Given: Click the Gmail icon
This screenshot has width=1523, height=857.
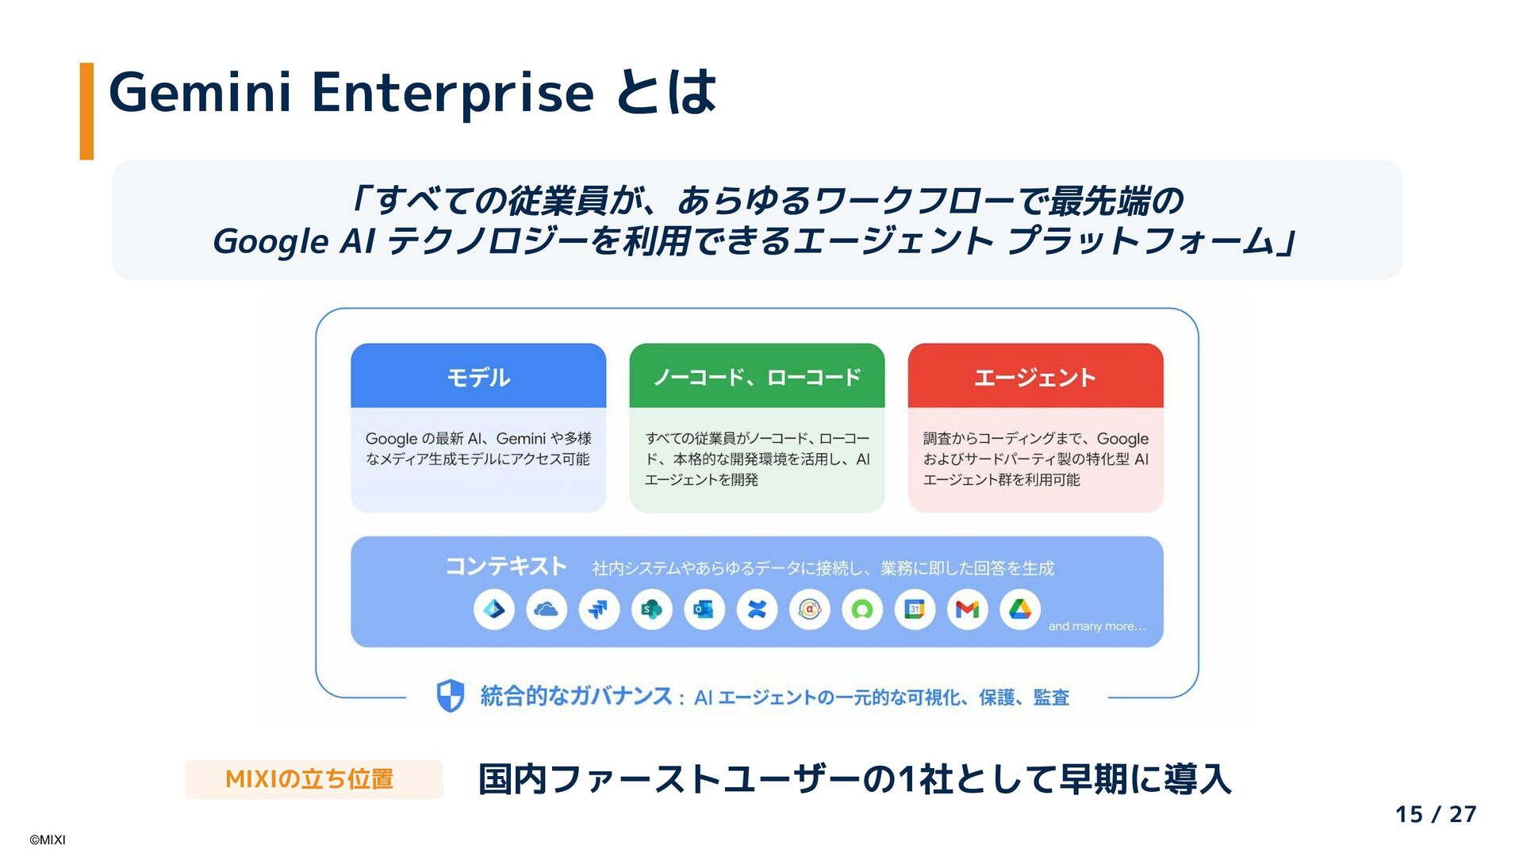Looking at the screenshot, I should click(x=967, y=609).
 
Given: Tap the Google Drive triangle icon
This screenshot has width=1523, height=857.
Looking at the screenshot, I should click(x=1020, y=609).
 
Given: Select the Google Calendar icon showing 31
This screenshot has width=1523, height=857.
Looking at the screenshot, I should click(x=915, y=609).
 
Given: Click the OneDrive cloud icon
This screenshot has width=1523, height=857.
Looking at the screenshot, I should click(x=547, y=609).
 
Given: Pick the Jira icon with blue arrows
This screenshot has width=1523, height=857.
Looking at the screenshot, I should click(x=599, y=609).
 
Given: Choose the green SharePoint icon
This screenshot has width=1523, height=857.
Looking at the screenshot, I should click(x=651, y=609).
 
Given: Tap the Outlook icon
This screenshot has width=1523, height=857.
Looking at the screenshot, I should click(x=704, y=609).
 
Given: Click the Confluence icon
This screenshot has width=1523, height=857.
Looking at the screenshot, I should click(x=757, y=609).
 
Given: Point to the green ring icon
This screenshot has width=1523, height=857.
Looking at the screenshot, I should click(x=862, y=609).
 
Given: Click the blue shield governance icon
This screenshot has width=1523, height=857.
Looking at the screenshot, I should click(x=451, y=696).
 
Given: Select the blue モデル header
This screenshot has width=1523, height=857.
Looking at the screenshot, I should click(x=478, y=376).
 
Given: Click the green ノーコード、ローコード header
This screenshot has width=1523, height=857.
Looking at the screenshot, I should click(x=757, y=376).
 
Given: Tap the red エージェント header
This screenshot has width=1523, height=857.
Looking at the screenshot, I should click(x=1035, y=376).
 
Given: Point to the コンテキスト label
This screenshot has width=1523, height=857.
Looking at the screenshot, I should click(x=506, y=566).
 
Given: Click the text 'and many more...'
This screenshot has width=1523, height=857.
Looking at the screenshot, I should click(x=1097, y=626).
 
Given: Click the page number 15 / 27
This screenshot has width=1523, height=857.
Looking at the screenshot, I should click(x=1435, y=814).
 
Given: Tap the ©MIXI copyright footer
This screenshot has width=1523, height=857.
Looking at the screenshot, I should click(x=48, y=840).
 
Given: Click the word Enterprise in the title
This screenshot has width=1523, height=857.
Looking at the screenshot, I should click(x=452, y=93).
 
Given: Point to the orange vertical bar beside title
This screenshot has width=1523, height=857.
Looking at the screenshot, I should click(x=86, y=111).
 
